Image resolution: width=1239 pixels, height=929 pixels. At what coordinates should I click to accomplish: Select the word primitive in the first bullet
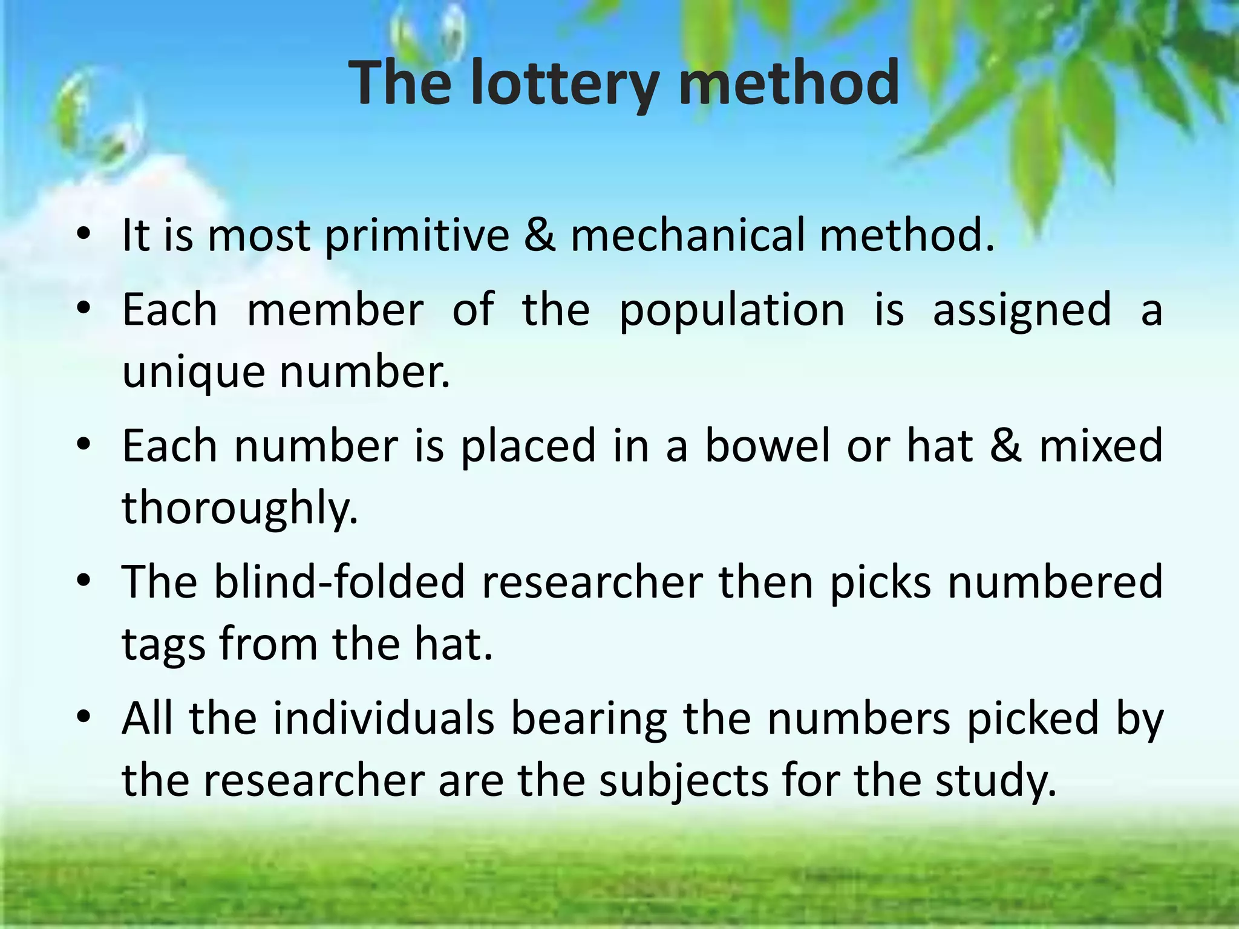pos(417,236)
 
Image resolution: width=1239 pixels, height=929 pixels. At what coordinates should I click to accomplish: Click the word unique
pos(194,373)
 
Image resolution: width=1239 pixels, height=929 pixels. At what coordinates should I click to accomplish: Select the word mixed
pos(1101,446)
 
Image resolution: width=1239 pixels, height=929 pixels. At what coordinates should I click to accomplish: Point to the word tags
pos(163,645)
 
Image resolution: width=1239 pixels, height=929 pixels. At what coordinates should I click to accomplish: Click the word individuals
pos(384,719)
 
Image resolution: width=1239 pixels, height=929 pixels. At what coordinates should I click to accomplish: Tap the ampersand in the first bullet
pos(540,236)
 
